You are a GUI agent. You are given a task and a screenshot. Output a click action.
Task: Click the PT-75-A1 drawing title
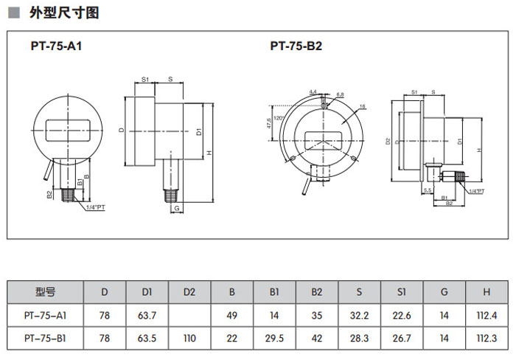[x=56, y=46]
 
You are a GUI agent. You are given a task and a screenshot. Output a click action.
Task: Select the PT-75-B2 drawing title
[x=296, y=46]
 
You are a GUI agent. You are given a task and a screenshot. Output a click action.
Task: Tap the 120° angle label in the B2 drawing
[x=278, y=118]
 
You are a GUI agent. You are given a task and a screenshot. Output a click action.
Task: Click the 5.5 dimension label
[x=428, y=190]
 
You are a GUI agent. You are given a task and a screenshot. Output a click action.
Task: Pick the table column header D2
[x=189, y=292]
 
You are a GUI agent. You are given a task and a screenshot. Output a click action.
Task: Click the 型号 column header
[x=45, y=292]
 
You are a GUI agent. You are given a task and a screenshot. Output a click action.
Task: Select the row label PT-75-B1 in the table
[x=45, y=338]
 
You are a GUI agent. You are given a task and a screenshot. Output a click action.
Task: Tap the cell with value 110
[x=189, y=338]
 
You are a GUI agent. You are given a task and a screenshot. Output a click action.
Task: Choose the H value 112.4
[x=487, y=315]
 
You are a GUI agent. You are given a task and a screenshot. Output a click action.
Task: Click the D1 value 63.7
[x=147, y=315]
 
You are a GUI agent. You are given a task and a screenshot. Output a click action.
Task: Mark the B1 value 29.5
[x=274, y=338]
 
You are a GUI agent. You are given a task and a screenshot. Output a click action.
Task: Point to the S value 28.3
[x=359, y=338]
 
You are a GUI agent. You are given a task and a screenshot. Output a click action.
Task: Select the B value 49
[x=231, y=315]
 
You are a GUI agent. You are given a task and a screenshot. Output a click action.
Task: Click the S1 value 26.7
[x=402, y=338]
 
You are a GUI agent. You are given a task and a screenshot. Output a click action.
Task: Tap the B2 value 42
[x=317, y=338]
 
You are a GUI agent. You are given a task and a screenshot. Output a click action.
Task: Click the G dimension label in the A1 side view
[x=177, y=209]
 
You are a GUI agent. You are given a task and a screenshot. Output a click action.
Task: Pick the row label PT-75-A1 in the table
[x=45, y=315]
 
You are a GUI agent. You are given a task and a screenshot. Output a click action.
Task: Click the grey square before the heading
[x=13, y=13]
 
